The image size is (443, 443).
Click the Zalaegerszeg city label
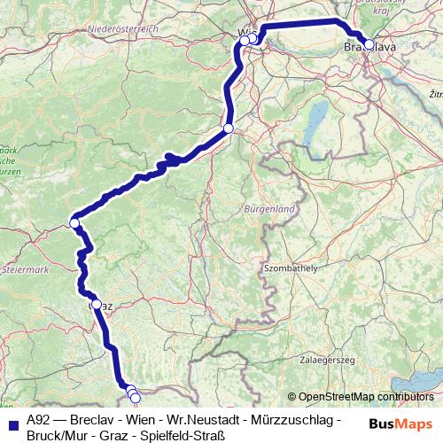(328, 360)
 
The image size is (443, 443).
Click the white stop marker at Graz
(97, 304)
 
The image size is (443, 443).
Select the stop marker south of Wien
(228, 129)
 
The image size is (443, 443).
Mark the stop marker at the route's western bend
(75, 223)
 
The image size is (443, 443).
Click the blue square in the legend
(12, 420)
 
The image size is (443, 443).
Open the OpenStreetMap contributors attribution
(365, 397)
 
